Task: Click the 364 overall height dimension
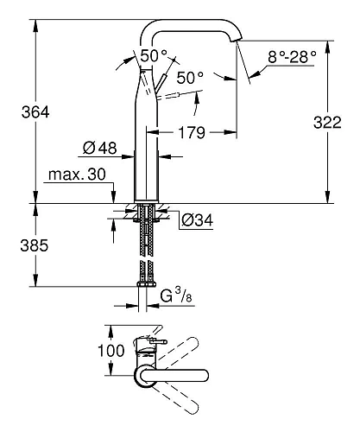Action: pos(18,112)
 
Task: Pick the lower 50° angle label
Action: pos(190,78)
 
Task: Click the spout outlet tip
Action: pos(237,40)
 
